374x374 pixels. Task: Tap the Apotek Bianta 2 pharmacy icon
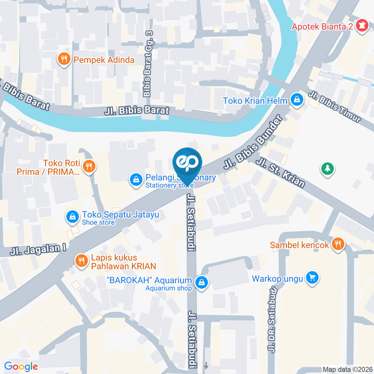tap(363, 26)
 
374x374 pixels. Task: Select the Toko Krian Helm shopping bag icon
tap(297, 100)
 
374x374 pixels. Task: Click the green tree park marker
tap(327, 169)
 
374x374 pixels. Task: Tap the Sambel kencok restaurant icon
tap(337, 244)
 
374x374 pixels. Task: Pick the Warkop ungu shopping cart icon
tap(312, 278)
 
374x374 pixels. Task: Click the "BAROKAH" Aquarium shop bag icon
tap(201, 282)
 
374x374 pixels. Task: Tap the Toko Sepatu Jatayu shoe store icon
tap(72, 217)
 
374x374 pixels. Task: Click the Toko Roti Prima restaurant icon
tap(90, 166)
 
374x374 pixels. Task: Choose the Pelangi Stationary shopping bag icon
tap(136, 180)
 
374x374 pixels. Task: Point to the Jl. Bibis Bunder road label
tap(252, 143)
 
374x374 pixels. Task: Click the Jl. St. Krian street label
tap(280, 171)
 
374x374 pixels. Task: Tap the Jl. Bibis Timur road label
tap(335, 107)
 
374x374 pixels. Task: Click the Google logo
tap(21, 366)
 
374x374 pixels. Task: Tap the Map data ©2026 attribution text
tap(347, 369)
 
